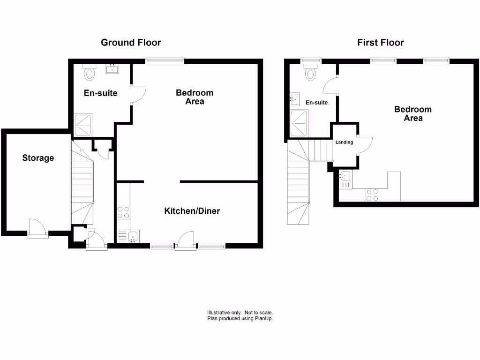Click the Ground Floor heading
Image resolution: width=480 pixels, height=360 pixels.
click(x=131, y=43)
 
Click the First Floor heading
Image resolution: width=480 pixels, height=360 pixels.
click(x=380, y=43)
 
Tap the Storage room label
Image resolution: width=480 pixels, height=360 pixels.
click(x=38, y=158)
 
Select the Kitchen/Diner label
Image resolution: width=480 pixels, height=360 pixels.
click(x=192, y=211)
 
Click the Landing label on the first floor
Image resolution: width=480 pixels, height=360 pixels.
click(x=344, y=142)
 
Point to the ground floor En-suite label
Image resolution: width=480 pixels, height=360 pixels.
click(x=100, y=93)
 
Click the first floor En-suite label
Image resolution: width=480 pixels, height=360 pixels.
click(x=316, y=102)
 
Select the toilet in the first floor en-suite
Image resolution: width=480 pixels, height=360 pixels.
click(x=310, y=73)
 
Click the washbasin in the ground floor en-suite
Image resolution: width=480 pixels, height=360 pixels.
click(x=112, y=70)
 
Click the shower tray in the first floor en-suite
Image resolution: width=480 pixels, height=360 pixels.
click(x=299, y=124)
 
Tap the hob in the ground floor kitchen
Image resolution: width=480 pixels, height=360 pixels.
click(x=123, y=212)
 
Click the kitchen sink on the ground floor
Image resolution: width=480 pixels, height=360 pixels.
click(x=127, y=236)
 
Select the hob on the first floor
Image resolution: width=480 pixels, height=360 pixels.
click(x=372, y=195)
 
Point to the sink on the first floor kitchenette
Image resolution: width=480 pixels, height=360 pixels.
click(x=345, y=178)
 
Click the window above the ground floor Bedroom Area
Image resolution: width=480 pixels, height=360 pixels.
click(x=164, y=60)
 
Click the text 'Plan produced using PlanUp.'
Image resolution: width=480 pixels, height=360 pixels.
click(x=240, y=318)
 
